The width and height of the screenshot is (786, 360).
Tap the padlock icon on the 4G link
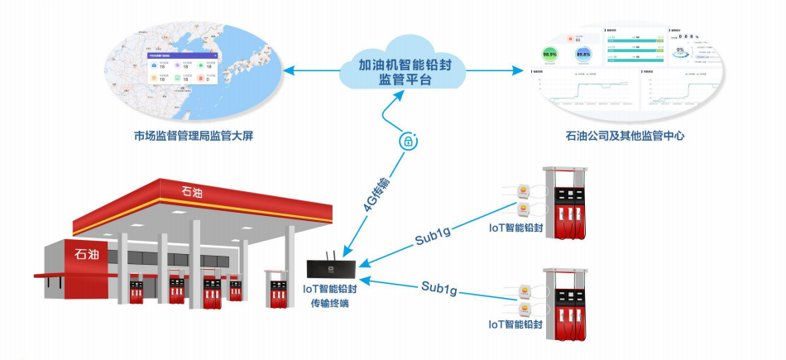point(407,142)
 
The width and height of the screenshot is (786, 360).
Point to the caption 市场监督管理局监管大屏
point(193,135)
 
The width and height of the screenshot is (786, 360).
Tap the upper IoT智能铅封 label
point(516,228)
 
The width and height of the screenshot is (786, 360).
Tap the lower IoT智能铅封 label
point(516,325)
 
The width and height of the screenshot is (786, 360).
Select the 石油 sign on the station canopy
point(195,192)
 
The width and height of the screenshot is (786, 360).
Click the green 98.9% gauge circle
point(549,55)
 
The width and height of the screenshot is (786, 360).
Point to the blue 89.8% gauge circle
point(583,55)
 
